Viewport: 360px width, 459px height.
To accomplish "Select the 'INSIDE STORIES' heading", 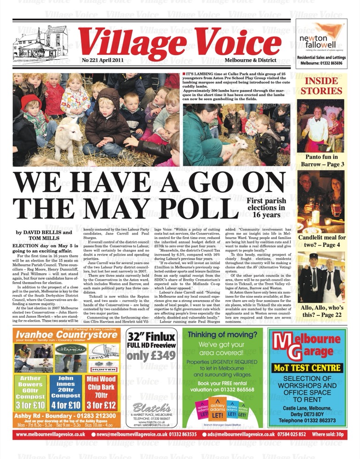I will pyautogui.click(x=321, y=85).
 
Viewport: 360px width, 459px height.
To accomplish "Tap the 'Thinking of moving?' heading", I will pyautogui.click(x=222, y=335).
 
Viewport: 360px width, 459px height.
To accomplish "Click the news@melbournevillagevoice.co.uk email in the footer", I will pyautogui.click(x=129, y=434).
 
